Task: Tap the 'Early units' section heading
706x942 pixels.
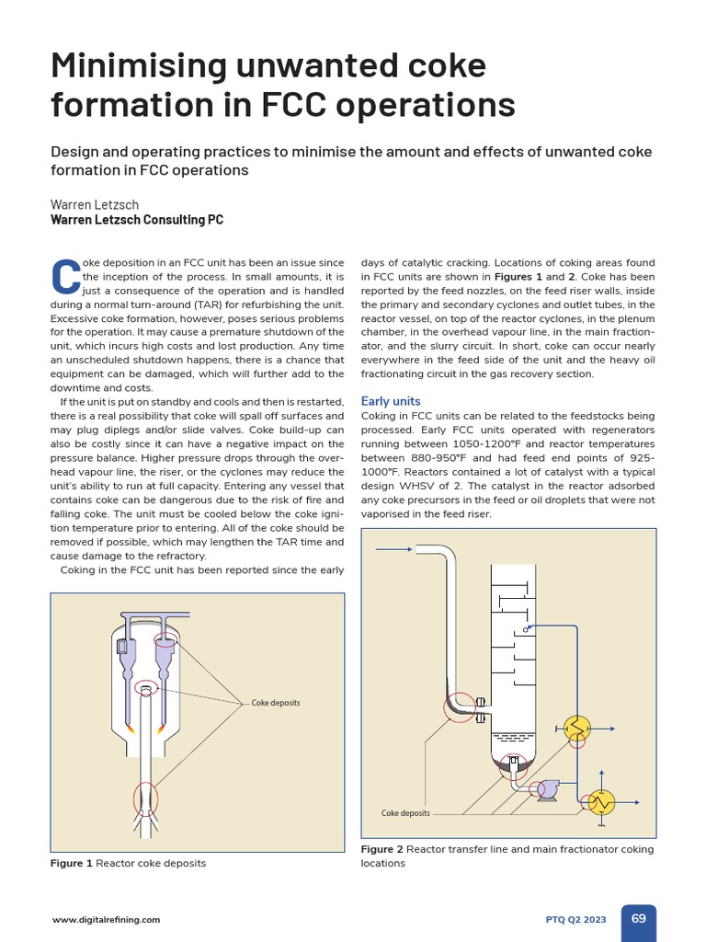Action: (x=391, y=401)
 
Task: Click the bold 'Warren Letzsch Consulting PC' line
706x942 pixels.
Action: (x=137, y=220)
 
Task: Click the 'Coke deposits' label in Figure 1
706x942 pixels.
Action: (x=276, y=703)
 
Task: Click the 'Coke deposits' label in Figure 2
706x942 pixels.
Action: (x=405, y=813)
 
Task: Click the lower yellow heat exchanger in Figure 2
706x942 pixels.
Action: (x=602, y=801)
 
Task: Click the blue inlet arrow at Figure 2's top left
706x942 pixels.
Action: (x=395, y=549)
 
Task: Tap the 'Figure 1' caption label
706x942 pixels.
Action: (x=72, y=863)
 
